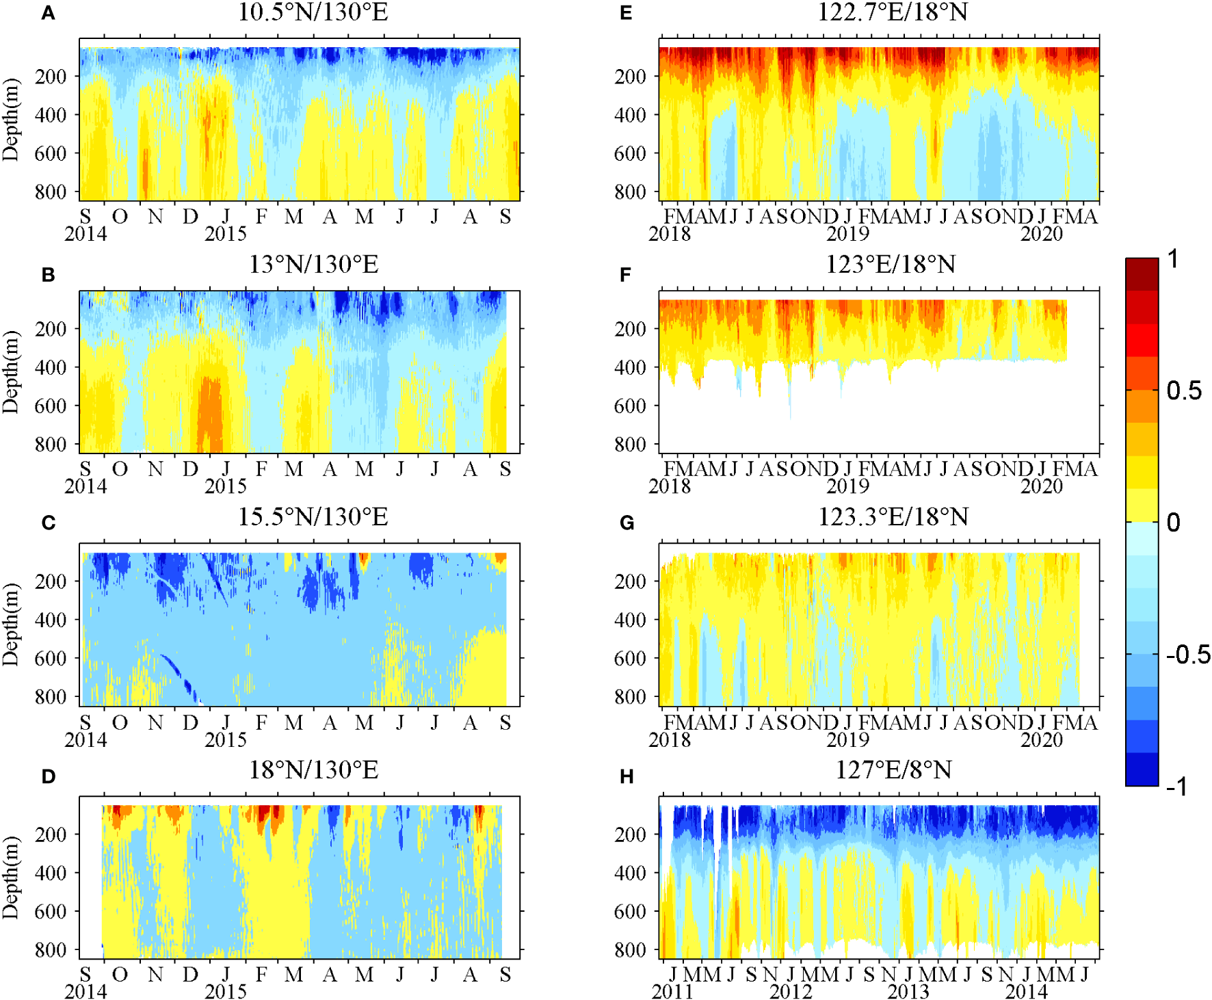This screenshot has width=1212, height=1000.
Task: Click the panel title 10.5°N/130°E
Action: pos(313,12)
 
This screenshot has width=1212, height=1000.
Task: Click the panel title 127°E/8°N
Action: pos(893,770)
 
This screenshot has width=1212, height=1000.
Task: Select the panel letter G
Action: pos(627,523)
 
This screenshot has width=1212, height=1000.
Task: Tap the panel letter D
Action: pos(48,776)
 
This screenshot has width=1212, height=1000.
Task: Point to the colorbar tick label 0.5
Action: pos(1185,391)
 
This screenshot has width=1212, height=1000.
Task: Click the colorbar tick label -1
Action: pos(1176,787)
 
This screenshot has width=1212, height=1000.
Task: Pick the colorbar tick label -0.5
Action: pos(1188,655)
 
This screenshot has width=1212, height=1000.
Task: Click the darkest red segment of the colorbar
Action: pos(1142,274)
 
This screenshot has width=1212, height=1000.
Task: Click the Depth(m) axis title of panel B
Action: pos(11,371)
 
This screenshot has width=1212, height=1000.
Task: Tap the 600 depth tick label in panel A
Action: pos(51,153)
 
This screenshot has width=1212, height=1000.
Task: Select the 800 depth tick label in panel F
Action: pos(630,444)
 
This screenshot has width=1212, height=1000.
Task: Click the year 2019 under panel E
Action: pos(847,234)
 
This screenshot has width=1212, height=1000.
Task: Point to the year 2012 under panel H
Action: pos(791,992)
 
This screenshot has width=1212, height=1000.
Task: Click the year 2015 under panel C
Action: pos(225,739)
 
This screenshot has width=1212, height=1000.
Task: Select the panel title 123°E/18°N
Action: pos(890,265)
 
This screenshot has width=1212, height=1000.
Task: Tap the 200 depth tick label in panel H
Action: pos(630,834)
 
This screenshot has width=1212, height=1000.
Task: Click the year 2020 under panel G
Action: pos(1041,739)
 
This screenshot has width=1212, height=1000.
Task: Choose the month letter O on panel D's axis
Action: pos(120,974)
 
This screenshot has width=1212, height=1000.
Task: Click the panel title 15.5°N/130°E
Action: pos(313,517)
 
